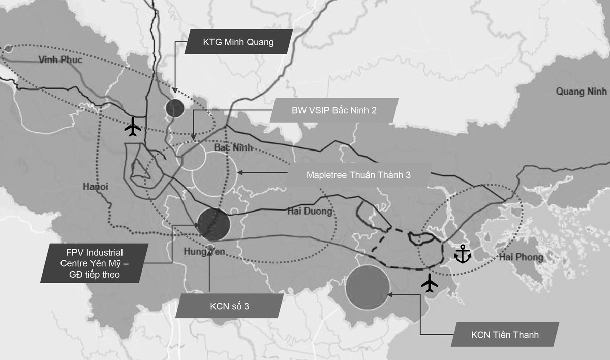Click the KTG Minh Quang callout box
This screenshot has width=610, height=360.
click(x=238, y=42)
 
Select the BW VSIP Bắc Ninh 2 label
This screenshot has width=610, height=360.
click(x=333, y=110)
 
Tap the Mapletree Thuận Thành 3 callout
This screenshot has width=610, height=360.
click(x=358, y=175)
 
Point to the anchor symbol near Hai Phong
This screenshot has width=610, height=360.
click(x=462, y=254)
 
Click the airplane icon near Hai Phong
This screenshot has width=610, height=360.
click(x=430, y=283)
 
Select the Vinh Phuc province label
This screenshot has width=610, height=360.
click(x=60, y=60)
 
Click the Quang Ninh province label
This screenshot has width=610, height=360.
click(x=582, y=92)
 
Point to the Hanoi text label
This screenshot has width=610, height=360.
click(x=96, y=187)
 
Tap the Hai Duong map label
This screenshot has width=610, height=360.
click(x=309, y=211)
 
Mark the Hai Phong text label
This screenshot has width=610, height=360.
click(x=521, y=257)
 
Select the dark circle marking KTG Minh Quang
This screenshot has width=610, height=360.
click(x=174, y=108)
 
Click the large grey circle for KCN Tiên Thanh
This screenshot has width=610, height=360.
click(x=367, y=288)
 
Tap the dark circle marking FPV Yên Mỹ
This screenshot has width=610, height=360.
click(x=213, y=224)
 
